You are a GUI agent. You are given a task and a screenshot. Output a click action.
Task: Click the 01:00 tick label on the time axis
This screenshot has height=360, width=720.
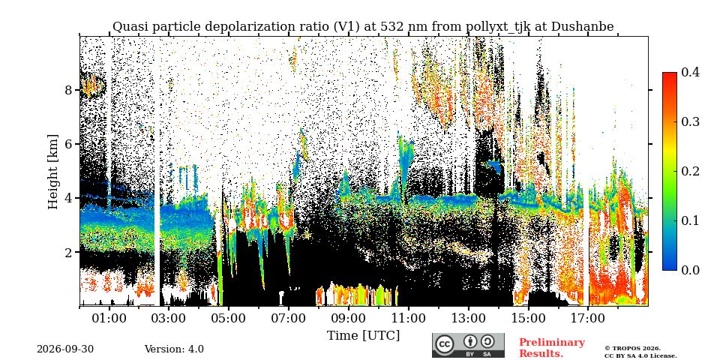click(x=109, y=318)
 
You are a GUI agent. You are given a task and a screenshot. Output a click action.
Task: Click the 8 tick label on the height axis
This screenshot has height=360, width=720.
click(x=68, y=90)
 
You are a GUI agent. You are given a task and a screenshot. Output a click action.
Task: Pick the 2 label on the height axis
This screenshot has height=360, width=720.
click(x=68, y=253)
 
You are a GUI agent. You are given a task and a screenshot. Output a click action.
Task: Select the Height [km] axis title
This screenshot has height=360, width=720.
click(x=53, y=172)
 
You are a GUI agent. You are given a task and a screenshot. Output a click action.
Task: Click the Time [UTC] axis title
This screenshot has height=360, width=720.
click(x=363, y=336)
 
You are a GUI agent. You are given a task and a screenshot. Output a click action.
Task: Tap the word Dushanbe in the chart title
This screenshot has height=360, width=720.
click(x=582, y=27)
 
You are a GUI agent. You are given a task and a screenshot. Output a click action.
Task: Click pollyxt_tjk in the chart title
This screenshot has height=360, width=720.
click(x=495, y=27)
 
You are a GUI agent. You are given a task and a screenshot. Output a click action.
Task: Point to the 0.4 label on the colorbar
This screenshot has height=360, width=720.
click(x=691, y=73)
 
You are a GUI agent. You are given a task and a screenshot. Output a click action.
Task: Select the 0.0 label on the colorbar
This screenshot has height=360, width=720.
click(x=691, y=270)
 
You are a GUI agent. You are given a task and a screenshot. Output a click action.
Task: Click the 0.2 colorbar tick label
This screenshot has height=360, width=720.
click(x=691, y=171)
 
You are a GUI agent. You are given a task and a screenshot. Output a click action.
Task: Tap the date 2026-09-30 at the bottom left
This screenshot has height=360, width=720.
click(x=65, y=349)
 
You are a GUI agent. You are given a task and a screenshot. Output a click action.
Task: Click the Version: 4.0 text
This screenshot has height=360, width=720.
click(x=174, y=349)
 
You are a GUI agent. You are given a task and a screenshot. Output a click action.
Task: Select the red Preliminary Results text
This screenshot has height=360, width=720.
click(x=552, y=348)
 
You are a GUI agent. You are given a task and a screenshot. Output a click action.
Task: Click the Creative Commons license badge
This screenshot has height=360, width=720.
click(x=468, y=345)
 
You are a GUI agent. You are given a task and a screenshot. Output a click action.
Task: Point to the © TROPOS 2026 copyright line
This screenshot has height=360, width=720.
click(x=632, y=349)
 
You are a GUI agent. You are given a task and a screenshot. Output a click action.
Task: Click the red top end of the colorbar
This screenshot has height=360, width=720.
click(x=670, y=74)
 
